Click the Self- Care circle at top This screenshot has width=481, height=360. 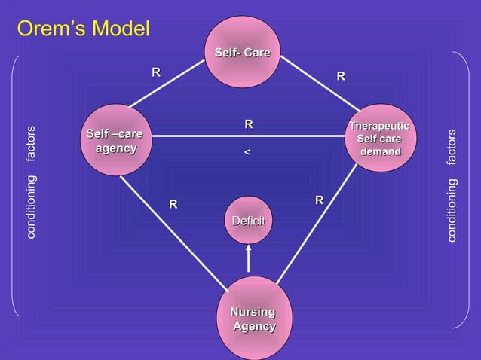pyautogui.click(x=243, y=56)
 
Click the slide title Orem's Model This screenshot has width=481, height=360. pyautogui.click(x=84, y=29)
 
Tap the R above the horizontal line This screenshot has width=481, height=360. pyautogui.click(x=248, y=124)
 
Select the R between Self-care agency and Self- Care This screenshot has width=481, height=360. pyautogui.click(x=156, y=72)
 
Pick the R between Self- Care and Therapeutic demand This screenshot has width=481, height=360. pyautogui.click(x=341, y=76)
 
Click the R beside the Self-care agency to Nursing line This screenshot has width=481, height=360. pyautogui.click(x=173, y=203)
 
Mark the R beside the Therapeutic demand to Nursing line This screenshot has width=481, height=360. pyautogui.click(x=319, y=200)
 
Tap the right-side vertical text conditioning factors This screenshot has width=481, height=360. pyautogui.click(x=451, y=185)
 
